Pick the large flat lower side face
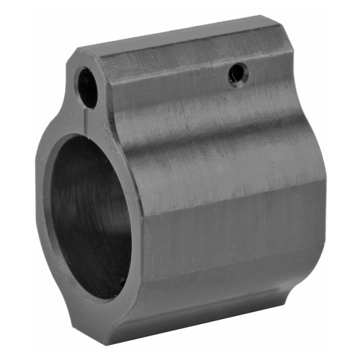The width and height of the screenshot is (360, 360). pyautogui.click(x=223, y=230)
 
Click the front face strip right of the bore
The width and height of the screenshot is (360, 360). pyautogui.click(x=133, y=216)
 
